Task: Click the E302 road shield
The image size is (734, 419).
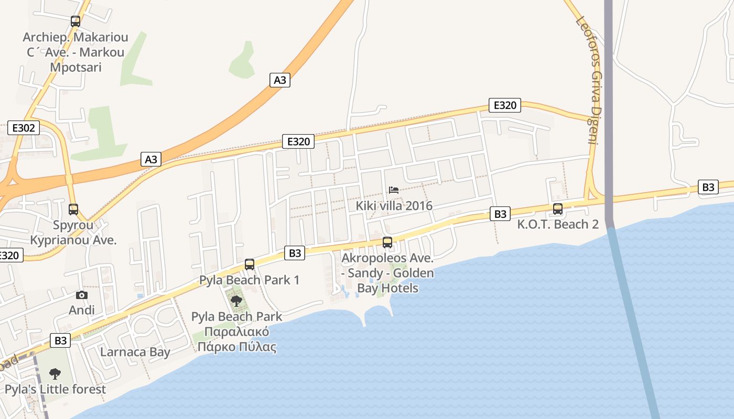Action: (24, 128)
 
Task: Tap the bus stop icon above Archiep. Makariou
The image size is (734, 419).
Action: (75, 21)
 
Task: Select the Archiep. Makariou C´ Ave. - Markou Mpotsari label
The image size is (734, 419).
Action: (75, 52)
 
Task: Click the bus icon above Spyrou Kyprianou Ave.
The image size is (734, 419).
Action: (73, 210)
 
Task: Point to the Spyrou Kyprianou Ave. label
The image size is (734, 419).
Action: (73, 233)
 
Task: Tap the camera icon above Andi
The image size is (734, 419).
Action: (81, 295)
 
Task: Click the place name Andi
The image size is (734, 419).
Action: (82, 310)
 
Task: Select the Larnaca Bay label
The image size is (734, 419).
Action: (135, 352)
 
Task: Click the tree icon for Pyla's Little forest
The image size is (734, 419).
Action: (55, 373)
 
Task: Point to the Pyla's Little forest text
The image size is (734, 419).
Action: (55, 389)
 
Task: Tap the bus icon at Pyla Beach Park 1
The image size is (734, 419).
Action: (250, 264)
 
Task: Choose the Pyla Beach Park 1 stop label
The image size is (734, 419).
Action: (250, 280)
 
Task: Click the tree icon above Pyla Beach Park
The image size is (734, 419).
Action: (236, 301)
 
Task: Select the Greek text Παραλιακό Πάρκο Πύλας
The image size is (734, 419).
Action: (240, 339)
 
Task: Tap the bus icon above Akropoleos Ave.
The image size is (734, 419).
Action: (387, 242)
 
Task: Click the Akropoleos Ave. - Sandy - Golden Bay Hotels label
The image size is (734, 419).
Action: (387, 273)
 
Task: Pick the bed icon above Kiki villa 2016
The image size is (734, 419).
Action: (394, 190)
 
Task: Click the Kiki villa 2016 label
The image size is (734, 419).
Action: (394, 205)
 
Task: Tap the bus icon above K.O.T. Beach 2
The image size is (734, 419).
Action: (558, 209)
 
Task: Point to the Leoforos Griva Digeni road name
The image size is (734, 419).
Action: (587, 80)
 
